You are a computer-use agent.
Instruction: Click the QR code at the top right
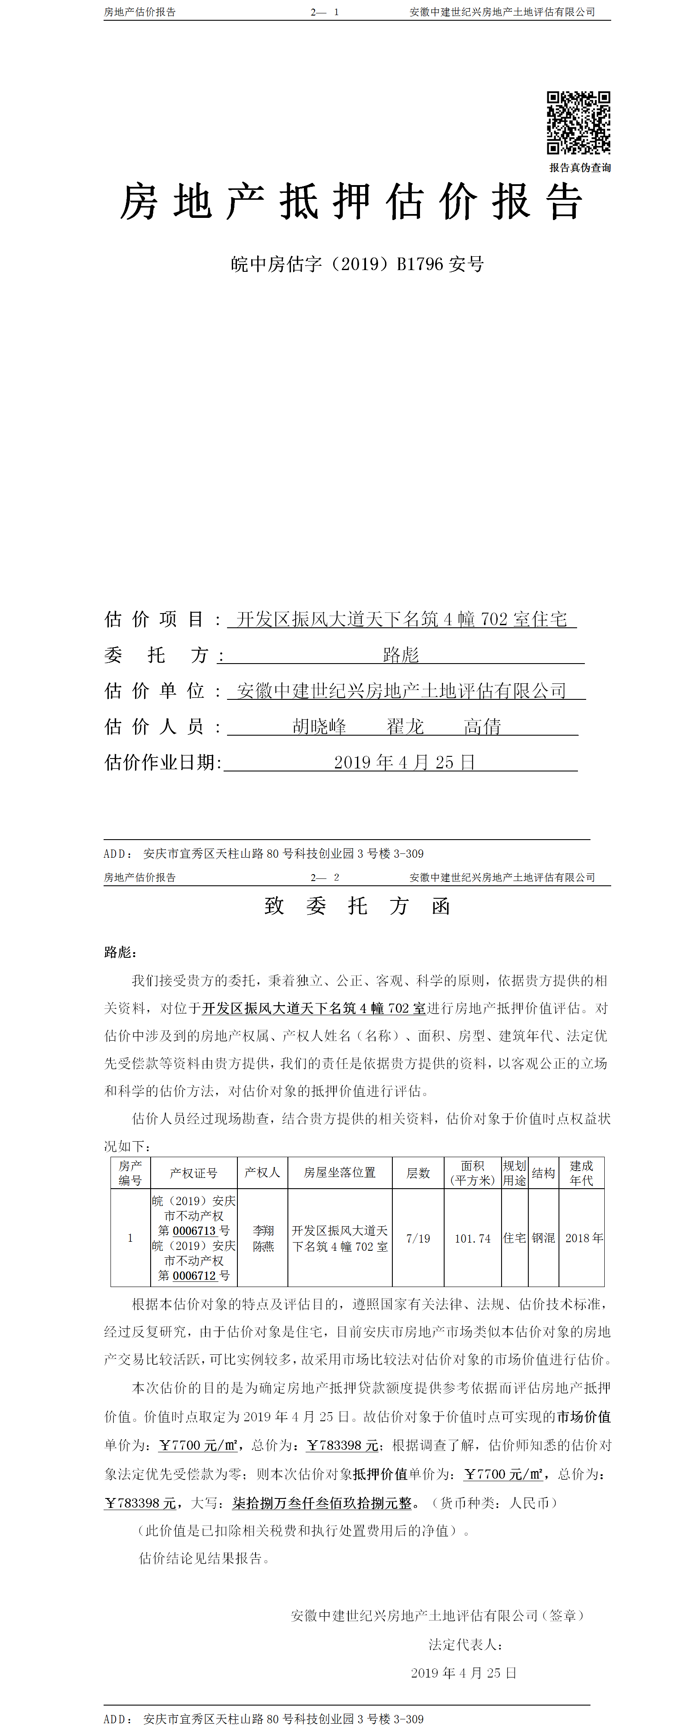click(x=578, y=122)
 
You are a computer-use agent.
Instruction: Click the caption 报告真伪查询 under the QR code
click(x=579, y=168)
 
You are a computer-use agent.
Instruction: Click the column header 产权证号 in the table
click(x=194, y=1173)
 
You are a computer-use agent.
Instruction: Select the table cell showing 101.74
click(x=473, y=1238)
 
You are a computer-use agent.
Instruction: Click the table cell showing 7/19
click(x=418, y=1238)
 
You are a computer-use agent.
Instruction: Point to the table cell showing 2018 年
click(x=584, y=1238)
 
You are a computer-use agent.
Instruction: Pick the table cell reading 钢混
click(x=543, y=1238)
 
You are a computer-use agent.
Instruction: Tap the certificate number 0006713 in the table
click(x=194, y=1231)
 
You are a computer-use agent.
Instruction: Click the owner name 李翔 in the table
click(x=263, y=1231)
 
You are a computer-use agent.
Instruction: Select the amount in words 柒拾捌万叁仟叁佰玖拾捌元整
click(x=322, y=1502)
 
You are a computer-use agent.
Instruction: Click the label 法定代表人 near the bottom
click(x=466, y=1644)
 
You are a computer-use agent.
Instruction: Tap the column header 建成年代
click(x=581, y=1173)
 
